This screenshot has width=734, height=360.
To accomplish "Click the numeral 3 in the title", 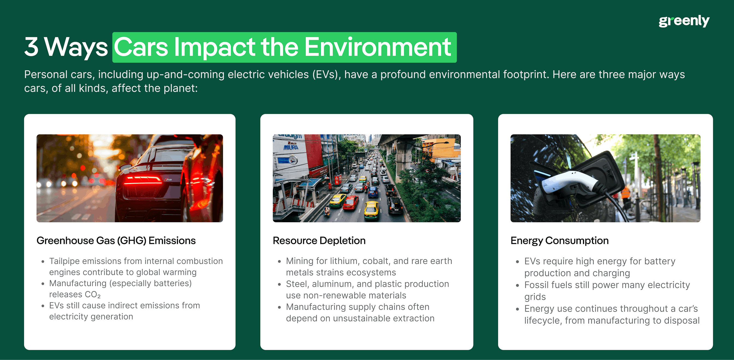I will (x=31, y=47).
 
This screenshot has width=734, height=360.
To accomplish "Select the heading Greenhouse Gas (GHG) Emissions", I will (x=116, y=241).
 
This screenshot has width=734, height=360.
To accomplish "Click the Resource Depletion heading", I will (x=319, y=241).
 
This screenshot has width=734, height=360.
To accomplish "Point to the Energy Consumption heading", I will (x=559, y=241).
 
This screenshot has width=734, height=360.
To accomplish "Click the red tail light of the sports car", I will (x=143, y=180).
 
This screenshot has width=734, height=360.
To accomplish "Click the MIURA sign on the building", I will (x=291, y=147).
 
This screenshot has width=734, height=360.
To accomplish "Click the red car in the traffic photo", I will (x=351, y=203).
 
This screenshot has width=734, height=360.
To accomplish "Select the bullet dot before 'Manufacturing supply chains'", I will (x=280, y=307).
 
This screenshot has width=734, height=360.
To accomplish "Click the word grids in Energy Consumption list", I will (x=535, y=297).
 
